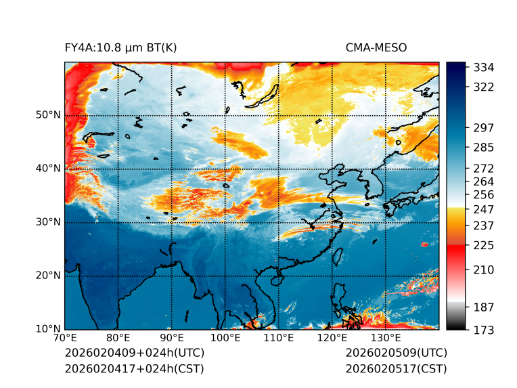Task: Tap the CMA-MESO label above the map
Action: (376, 48)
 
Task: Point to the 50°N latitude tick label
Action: (48, 115)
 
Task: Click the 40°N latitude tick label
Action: (48, 169)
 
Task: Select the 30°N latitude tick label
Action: (48, 222)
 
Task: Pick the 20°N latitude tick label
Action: (48, 276)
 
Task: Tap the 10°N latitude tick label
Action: (48, 329)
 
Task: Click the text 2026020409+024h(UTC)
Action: (134, 353)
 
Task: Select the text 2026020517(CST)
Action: (396, 369)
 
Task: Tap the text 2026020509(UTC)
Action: (396, 353)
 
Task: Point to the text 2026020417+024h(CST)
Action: (134, 369)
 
